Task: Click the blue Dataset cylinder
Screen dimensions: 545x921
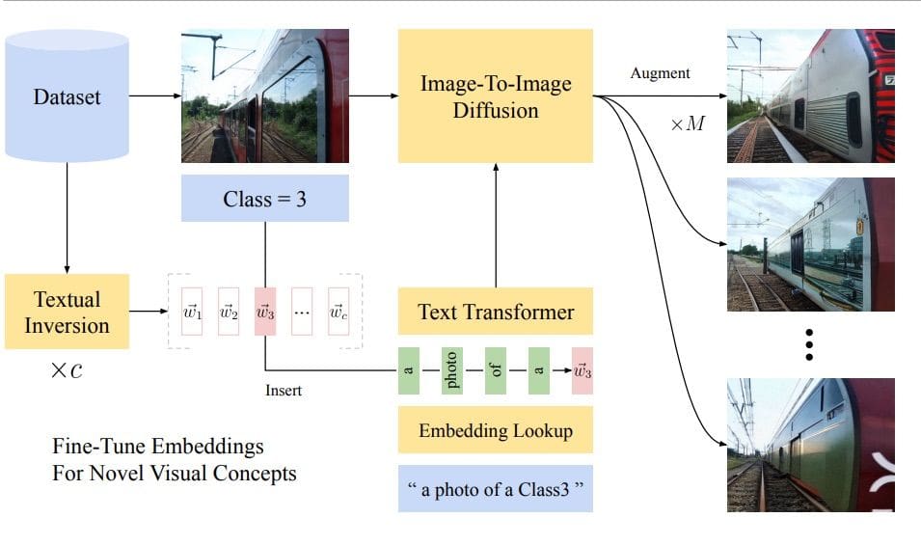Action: (67, 96)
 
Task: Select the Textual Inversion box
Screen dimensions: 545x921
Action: (67, 312)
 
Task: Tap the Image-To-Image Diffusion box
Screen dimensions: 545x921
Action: (495, 95)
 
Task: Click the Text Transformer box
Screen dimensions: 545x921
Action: (495, 312)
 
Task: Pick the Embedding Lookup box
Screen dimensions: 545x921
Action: (495, 430)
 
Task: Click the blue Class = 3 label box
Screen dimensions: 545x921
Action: (264, 200)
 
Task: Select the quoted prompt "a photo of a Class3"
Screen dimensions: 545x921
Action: (495, 489)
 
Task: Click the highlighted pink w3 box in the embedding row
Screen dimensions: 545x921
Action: (265, 312)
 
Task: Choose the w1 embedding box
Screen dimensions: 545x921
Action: (192, 312)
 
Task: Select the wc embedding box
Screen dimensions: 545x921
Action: (339, 312)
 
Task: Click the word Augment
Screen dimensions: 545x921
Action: (661, 73)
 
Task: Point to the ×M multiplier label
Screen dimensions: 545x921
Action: (688, 125)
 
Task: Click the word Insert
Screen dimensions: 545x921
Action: (284, 391)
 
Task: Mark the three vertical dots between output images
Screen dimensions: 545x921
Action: (810, 343)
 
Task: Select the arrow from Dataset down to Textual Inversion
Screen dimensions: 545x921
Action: (67, 217)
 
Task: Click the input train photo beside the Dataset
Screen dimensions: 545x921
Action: (264, 95)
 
